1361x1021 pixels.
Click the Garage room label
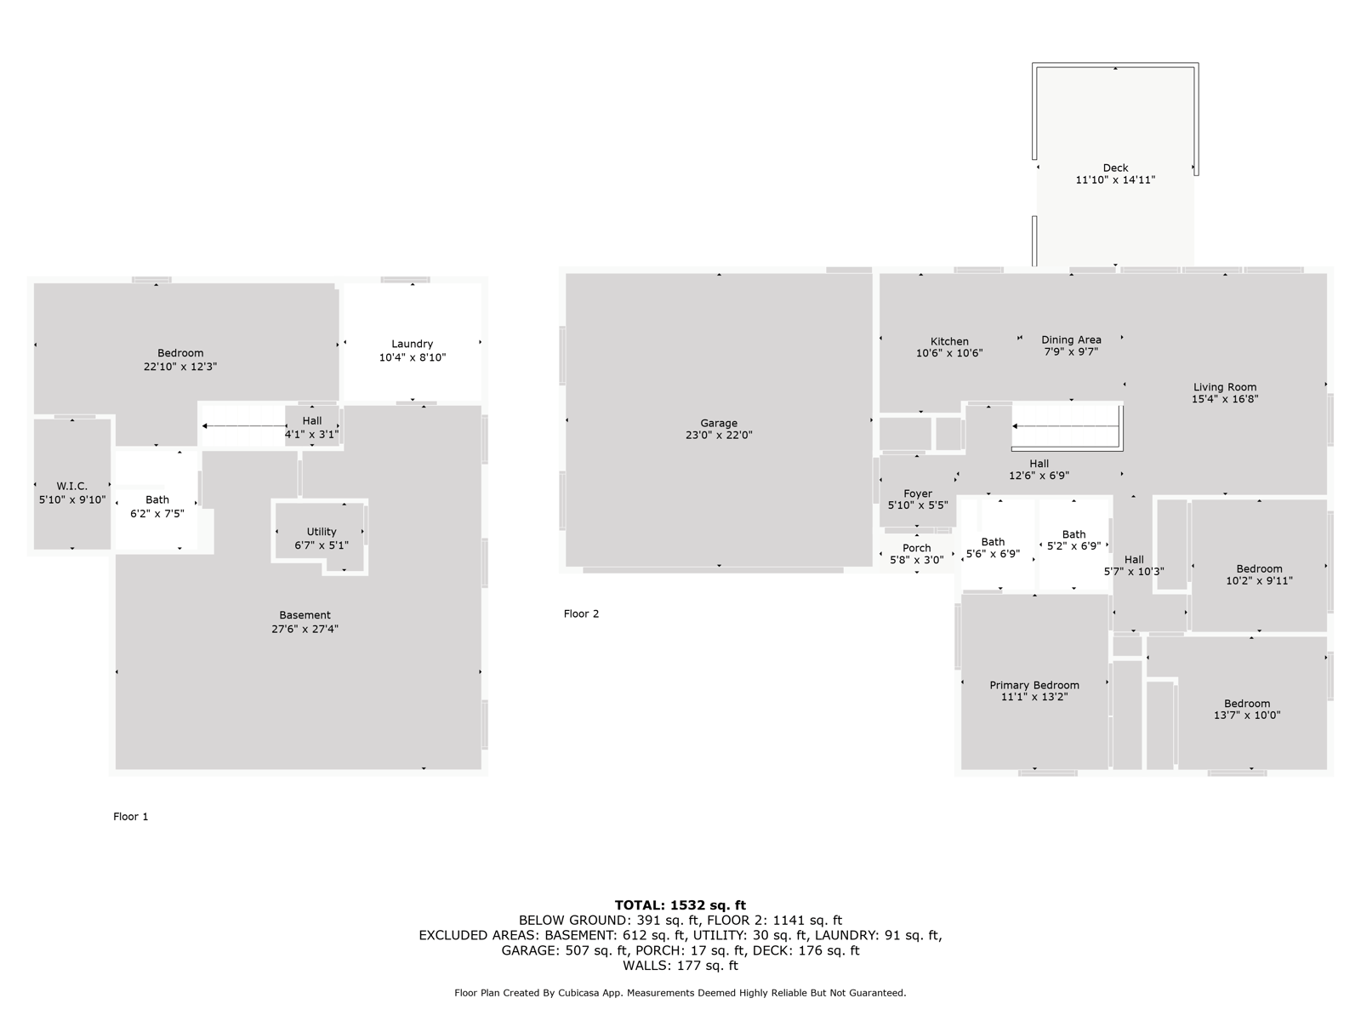pos(719,424)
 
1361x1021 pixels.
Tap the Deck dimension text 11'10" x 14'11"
pos(1115,180)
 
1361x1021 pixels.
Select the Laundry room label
pos(412,344)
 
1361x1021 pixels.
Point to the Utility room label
pos(322,531)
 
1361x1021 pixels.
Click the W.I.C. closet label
pos(72,486)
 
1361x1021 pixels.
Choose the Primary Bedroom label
pos(1034,685)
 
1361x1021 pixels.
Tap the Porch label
pos(916,548)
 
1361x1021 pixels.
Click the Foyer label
pos(918,493)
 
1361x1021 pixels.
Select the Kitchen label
pos(949,341)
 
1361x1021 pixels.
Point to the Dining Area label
pos(1071,339)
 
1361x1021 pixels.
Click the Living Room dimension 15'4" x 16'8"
pos(1225,399)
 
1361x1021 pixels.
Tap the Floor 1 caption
pos(130,817)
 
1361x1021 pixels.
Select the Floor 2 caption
pos(581,613)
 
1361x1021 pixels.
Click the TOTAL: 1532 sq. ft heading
pos(680,905)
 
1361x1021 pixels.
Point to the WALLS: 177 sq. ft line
pos(680,965)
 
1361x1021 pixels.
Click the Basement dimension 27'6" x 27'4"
pos(305,629)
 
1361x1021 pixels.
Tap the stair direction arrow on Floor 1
pos(244,426)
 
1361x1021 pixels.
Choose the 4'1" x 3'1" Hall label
pos(311,435)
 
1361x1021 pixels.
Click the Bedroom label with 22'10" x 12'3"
pos(179,353)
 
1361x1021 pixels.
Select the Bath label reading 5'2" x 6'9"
pos(1073,534)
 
